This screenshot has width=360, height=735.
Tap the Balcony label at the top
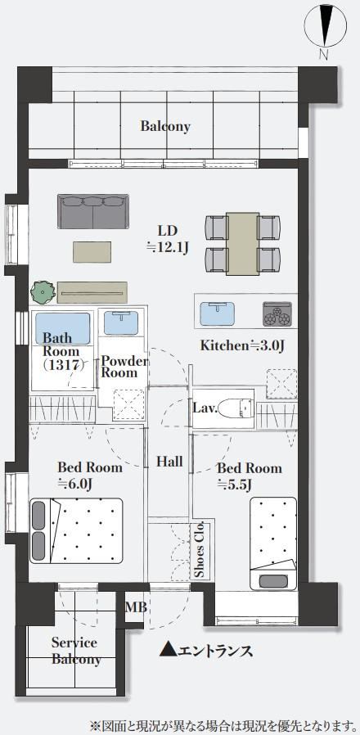(x=165, y=126)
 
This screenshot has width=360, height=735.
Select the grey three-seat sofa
(x=93, y=211)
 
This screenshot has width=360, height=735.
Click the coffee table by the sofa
(x=92, y=252)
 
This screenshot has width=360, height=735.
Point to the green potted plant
(x=43, y=292)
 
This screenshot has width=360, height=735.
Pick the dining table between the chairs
(x=243, y=243)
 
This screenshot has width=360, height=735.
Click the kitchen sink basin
(x=217, y=313)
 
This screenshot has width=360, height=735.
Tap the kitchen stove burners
(x=277, y=313)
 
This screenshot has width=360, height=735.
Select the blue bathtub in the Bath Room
(x=62, y=328)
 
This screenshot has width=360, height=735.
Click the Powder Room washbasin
(x=121, y=322)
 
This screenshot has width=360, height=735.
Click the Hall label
(x=169, y=462)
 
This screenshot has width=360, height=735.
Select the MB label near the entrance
(x=136, y=607)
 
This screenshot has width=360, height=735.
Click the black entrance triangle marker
(x=168, y=649)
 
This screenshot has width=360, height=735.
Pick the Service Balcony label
(x=75, y=651)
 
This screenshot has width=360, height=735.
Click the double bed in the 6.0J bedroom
(x=76, y=530)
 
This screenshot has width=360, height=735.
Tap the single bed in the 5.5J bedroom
(x=273, y=543)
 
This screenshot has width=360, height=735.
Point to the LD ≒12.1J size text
(x=168, y=239)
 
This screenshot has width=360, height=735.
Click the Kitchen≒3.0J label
(x=243, y=346)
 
